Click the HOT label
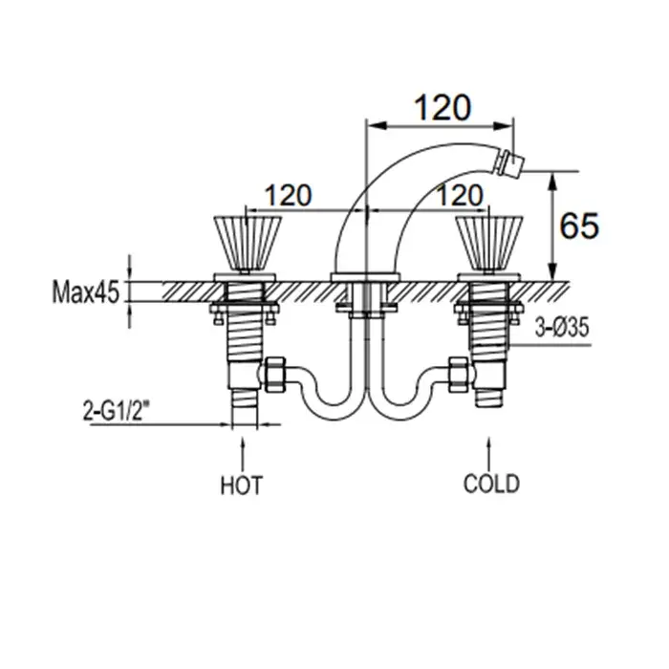pyautogui.click(x=241, y=486)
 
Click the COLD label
pyautogui.click(x=491, y=484)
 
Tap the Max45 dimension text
pyautogui.click(x=85, y=292)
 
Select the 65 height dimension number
pyautogui.click(x=579, y=226)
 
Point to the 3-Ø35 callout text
pyautogui.click(x=562, y=328)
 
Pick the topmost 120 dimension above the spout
pyautogui.click(x=442, y=107)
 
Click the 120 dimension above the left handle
pyautogui.click(x=289, y=195)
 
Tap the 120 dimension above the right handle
pyautogui.click(x=460, y=195)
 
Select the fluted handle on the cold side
pyautogui.click(x=489, y=244)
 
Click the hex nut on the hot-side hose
pyautogui.click(x=275, y=375)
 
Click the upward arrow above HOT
pyautogui.click(x=243, y=453)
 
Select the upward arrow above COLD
pyautogui.click(x=489, y=453)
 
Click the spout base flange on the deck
pyautogui.click(x=365, y=277)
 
